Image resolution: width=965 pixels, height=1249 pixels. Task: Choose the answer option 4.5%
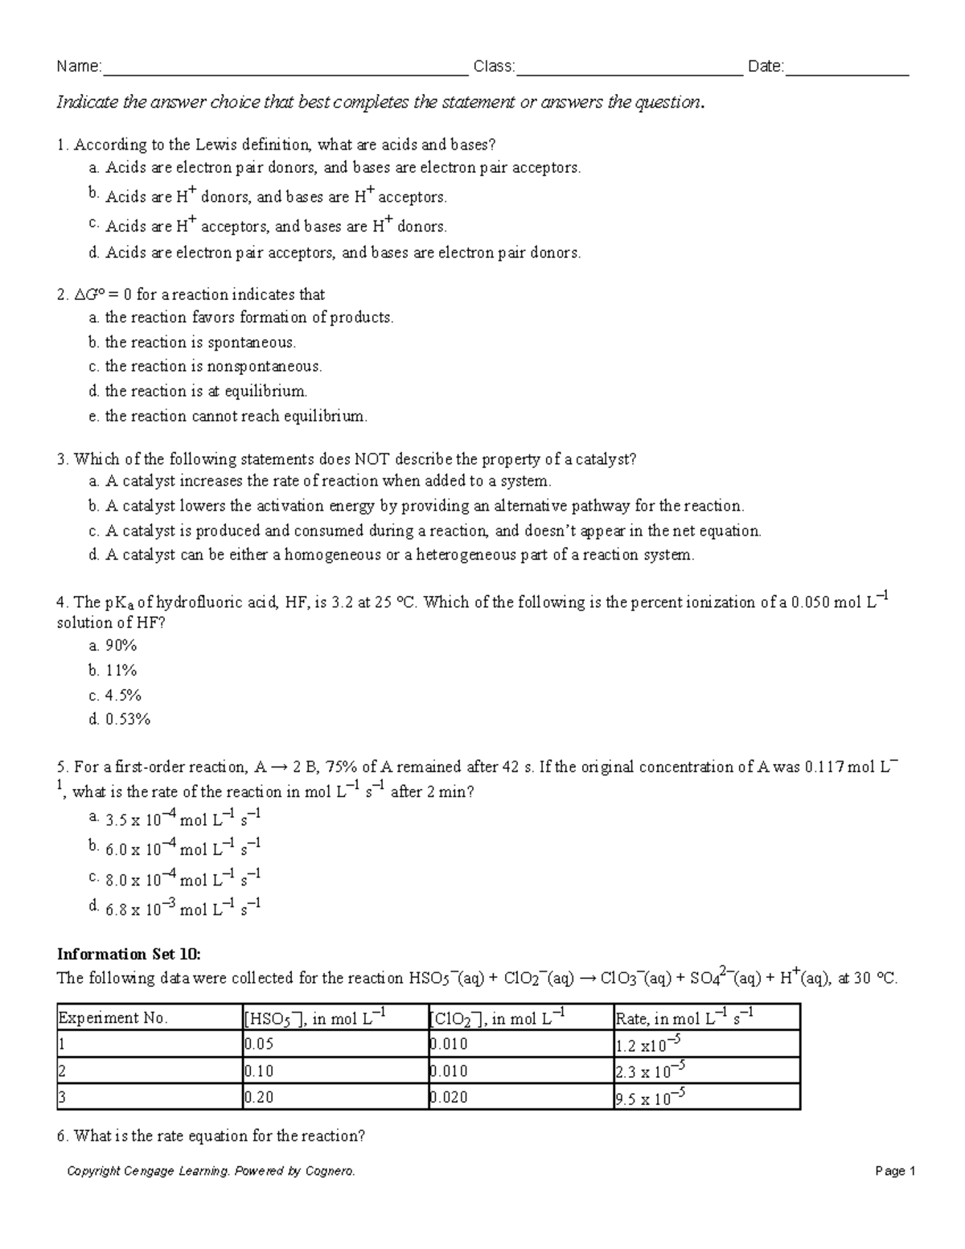[x=115, y=695]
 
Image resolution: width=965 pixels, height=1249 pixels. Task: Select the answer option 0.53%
[x=120, y=719]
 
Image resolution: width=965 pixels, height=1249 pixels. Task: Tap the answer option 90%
[x=113, y=646]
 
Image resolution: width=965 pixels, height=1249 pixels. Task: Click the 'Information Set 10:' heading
[x=128, y=954]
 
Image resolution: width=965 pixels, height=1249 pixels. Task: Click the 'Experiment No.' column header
[x=113, y=1018]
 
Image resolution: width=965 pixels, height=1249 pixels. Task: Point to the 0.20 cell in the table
[x=259, y=1097]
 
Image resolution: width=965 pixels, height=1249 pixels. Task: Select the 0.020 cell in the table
[x=449, y=1097]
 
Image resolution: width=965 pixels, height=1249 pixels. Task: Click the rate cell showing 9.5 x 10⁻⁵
[x=650, y=1097]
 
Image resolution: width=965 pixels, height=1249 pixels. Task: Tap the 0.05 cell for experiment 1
[x=259, y=1044]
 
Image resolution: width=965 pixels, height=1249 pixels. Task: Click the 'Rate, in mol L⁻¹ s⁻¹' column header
[x=684, y=1018]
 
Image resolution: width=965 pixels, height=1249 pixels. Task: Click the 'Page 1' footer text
[x=896, y=1171]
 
